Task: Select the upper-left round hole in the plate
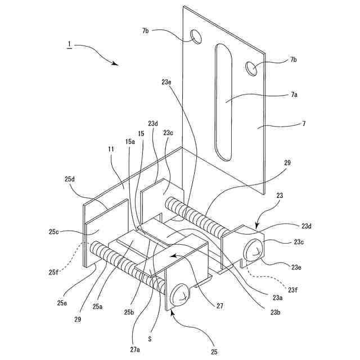197,37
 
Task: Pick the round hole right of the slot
251,69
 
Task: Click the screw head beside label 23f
254,249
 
